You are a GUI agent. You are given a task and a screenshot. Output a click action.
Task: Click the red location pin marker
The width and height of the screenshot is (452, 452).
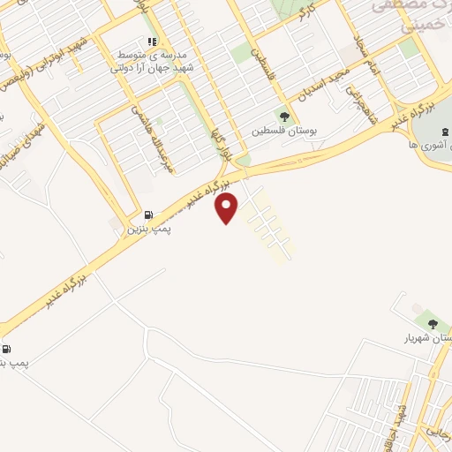coord(228,207)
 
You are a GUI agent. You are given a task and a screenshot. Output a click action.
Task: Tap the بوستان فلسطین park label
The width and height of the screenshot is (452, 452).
coord(283,130)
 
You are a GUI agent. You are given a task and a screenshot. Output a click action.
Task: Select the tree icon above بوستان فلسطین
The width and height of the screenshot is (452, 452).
coord(284,114)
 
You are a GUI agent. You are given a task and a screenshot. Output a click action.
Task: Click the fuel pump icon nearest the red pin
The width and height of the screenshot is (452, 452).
coord(148,215)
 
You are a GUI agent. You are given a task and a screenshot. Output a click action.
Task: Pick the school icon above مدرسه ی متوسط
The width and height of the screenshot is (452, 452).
coord(152,41)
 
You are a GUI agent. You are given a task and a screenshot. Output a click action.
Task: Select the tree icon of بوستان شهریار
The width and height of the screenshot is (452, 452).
coord(432,319)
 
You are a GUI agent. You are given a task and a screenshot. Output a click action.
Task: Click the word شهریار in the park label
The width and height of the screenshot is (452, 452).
coord(420,337)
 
